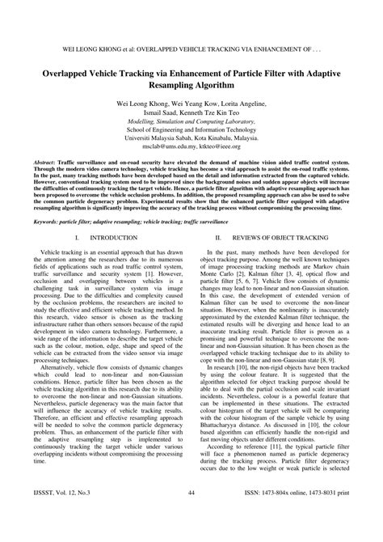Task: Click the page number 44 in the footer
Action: (191, 514)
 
